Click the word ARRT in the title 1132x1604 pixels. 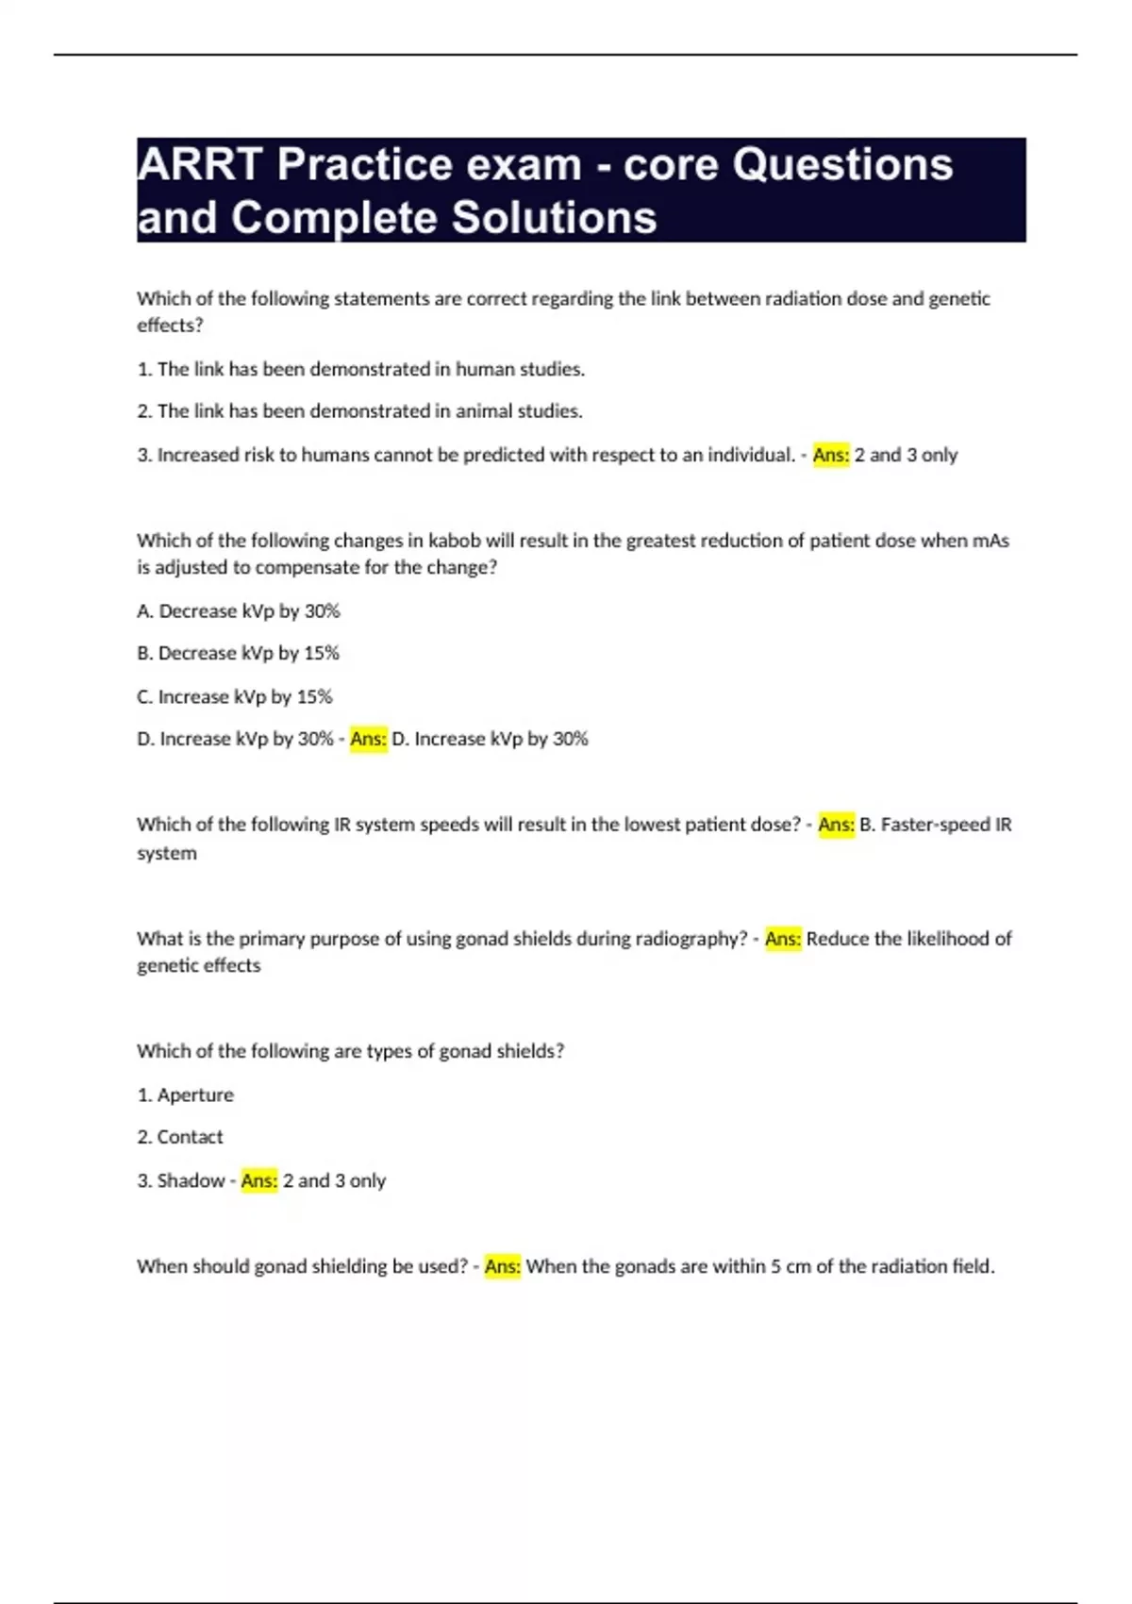tap(199, 165)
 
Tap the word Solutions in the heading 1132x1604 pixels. tap(554, 218)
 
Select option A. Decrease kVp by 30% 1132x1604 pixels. tap(239, 611)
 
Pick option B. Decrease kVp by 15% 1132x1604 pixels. tap(239, 653)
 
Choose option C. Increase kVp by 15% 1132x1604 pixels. tap(235, 696)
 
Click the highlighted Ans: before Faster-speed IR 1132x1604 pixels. tap(836, 825)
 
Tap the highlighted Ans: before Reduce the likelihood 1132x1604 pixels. tap(783, 939)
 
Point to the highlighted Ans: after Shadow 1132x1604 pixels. tap(259, 1180)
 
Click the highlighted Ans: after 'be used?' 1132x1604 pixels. tap(503, 1266)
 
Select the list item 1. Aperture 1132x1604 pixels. tap(186, 1094)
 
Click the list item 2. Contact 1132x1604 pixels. tap(180, 1137)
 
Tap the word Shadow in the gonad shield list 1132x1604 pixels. tap(191, 1180)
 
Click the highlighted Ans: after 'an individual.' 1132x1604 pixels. tap(831, 455)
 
